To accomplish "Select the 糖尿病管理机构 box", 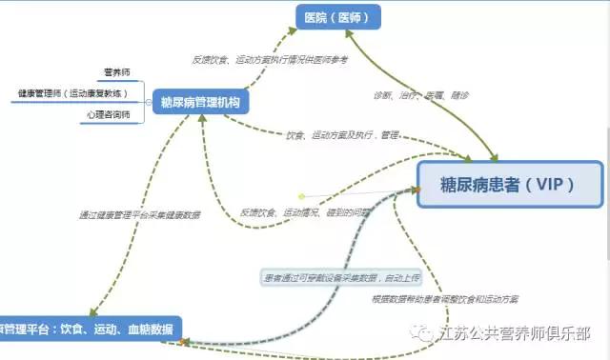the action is pos(200,102).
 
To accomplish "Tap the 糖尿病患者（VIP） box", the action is pos(510,184).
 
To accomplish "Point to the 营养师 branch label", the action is pos(118,72).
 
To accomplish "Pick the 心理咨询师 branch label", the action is pos(106,115).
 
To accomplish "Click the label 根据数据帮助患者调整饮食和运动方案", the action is pos(445,299).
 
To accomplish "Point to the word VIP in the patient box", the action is pos(552,184).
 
